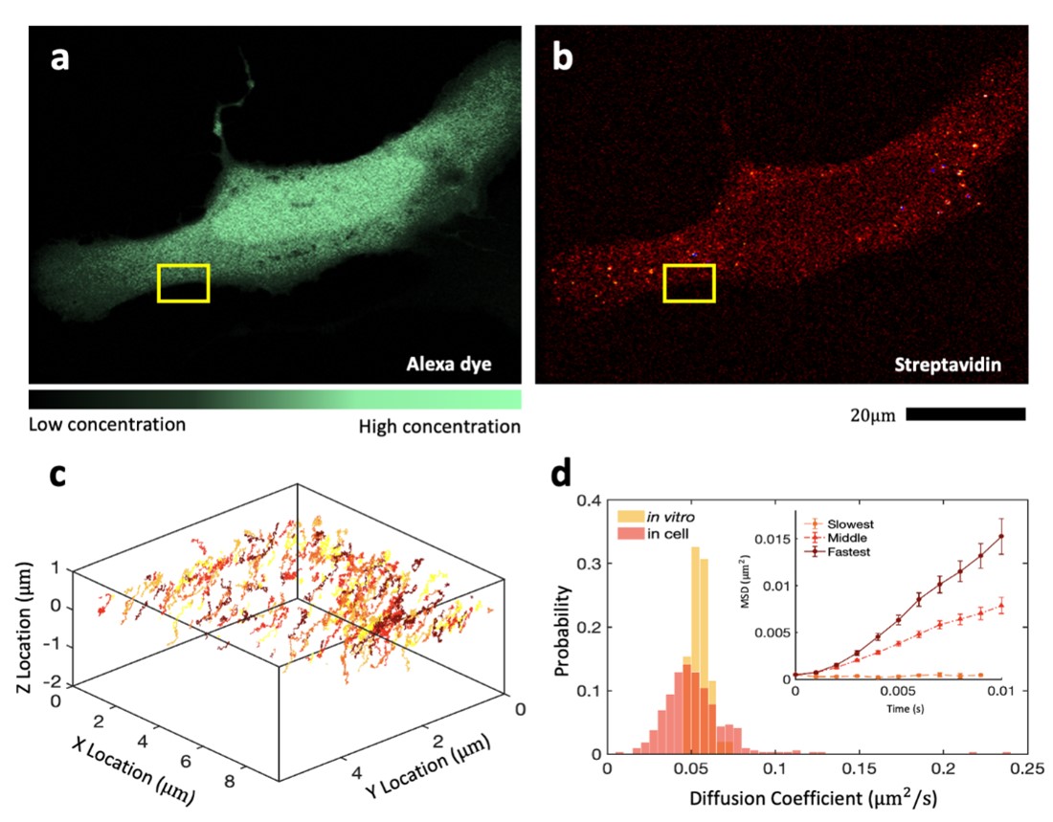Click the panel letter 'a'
pos(60,59)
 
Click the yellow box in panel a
pos(183,283)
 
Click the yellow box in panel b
pos(689,283)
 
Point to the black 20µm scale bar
pos(965,414)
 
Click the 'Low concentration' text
pos(107,424)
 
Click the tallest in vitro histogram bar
pos(696,651)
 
